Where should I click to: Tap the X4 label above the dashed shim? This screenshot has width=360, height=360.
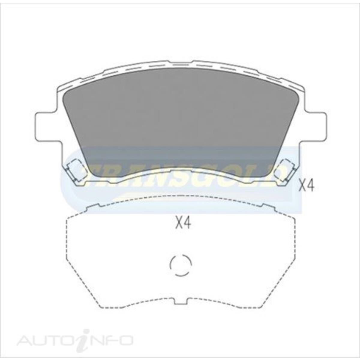pyautogui.click(x=183, y=223)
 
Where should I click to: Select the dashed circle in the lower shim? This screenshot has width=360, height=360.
pyautogui.click(x=180, y=265)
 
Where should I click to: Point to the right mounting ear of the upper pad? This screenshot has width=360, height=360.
pyautogui.click(x=315, y=126)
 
